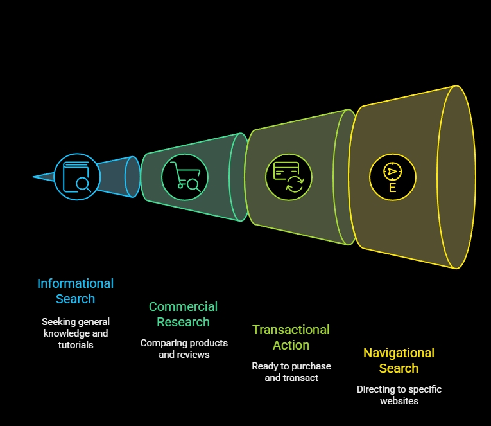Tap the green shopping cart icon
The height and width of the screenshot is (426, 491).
pos(184,177)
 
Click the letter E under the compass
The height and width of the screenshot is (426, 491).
pos(392,188)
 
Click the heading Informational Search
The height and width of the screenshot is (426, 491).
pos(75,291)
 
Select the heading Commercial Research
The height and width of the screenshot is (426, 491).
pos(183,314)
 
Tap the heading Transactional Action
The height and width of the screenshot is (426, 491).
pos(291,337)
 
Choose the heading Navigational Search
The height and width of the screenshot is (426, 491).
pos(399,360)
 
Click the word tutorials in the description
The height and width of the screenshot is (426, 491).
pos(76,345)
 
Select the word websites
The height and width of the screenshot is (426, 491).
pos(399,401)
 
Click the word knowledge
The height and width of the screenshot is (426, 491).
pos(69,333)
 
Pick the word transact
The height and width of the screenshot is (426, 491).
pos(301,378)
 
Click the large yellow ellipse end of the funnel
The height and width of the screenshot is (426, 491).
pos(457,177)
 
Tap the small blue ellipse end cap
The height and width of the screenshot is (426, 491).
pos(132,177)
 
